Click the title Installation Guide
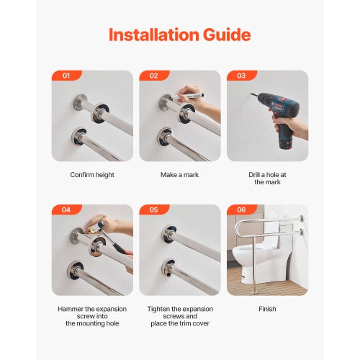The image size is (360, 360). click(x=180, y=35)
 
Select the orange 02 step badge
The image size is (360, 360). click(x=153, y=76)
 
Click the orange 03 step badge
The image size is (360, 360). click(x=241, y=76)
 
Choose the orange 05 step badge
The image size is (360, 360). click(x=153, y=210)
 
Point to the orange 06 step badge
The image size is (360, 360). click(x=241, y=210)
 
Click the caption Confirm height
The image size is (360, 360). click(x=92, y=175)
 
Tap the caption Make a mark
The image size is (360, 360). click(x=180, y=175)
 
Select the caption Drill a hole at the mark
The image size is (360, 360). click(x=267, y=179)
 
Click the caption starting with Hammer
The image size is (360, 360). click(x=92, y=316)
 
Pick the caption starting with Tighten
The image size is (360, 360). click(x=180, y=316)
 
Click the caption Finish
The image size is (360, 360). click(x=267, y=309)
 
